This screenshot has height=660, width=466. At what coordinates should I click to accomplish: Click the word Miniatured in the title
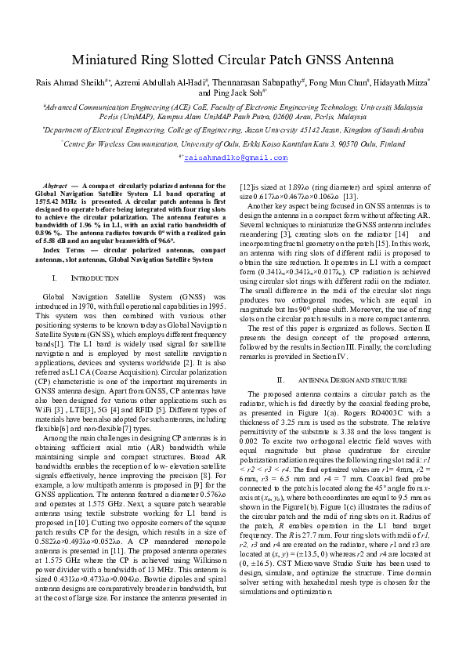tap(106, 60)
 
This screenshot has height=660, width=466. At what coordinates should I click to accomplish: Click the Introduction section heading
tap(95, 257)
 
